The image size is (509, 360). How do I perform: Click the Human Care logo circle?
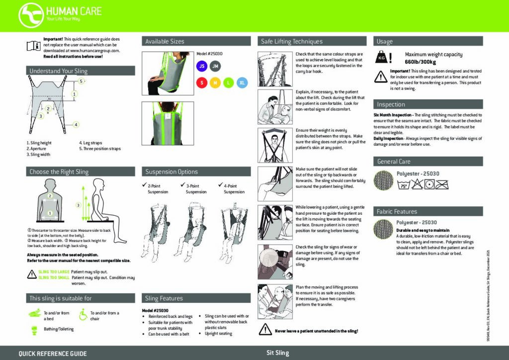(31, 14)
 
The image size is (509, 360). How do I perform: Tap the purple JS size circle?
(201, 66)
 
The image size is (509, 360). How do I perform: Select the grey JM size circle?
(215, 66)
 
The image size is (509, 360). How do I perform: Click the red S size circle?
(201, 83)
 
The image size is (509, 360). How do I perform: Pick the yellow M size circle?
(215, 83)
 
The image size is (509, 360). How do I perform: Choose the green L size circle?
(228, 83)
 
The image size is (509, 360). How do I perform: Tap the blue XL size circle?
(242, 83)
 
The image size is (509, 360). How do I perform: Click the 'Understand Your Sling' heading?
(58, 71)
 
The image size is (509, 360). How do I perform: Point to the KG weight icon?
(381, 58)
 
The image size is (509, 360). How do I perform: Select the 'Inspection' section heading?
(391, 104)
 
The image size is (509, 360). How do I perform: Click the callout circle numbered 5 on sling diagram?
(82, 81)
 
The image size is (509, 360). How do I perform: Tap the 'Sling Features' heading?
(164, 298)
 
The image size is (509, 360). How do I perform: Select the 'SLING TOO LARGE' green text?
(54, 272)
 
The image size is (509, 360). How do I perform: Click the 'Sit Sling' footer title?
(277, 353)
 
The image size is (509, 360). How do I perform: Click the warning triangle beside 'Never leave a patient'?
(264, 330)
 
